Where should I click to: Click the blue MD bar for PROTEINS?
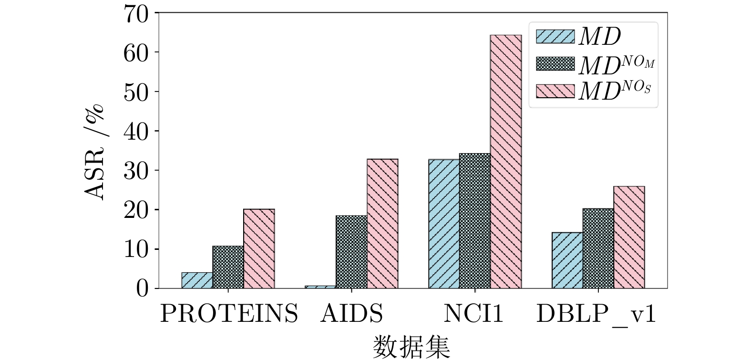(x=197, y=280)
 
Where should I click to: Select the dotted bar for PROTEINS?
(x=228, y=267)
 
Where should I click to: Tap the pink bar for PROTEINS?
(x=259, y=248)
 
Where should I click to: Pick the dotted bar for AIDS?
(x=351, y=252)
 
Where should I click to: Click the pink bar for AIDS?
(x=382, y=223)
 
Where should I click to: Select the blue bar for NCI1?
(x=444, y=224)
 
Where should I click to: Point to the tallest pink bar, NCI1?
(x=506, y=162)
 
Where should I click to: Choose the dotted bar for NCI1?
(x=475, y=221)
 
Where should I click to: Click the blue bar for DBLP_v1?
(x=567, y=260)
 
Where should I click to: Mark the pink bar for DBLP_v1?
(x=629, y=237)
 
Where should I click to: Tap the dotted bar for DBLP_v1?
(x=598, y=248)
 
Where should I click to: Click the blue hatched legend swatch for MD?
(x=555, y=36)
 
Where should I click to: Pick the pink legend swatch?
(x=555, y=91)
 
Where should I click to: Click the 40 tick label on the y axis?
(x=135, y=131)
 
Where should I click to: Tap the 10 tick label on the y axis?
(x=135, y=249)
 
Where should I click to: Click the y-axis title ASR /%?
(x=94, y=152)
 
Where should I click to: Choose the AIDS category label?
(x=352, y=314)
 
